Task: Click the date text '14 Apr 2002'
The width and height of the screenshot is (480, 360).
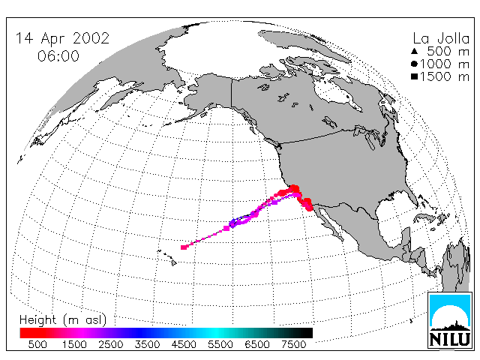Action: pyautogui.click(x=62, y=38)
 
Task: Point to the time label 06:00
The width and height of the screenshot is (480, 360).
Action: pyautogui.click(x=58, y=56)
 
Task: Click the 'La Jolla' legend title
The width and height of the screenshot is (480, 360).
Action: pyautogui.click(x=441, y=39)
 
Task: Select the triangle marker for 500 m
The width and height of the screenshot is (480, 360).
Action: pyautogui.click(x=415, y=52)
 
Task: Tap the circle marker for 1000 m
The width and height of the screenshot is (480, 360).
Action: pyautogui.click(x=414, y=64)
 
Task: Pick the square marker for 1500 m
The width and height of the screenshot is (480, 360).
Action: pyautogui.click(x=415, y=76)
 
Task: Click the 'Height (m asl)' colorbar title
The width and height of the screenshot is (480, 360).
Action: pyautogui.click(x=63, y=320)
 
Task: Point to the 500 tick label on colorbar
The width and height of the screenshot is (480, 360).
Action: pyautogui.click(x=37, y=344)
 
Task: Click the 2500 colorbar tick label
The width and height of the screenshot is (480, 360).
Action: pyautogui.click(x=110, y=344)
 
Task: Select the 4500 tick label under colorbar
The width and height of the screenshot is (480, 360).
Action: pyautogui.click(x=184, y=344)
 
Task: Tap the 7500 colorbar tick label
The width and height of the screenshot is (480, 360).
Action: pyautogui.click(x=293, y=344)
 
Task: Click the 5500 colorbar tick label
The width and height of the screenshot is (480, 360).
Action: pyautogui.click(x=220, y=344)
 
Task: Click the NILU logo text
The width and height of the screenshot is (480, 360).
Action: pyautogui.click(x=450, y=339)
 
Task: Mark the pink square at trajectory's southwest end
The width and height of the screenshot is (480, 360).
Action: pyautogui.click(x=184, y=247)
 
